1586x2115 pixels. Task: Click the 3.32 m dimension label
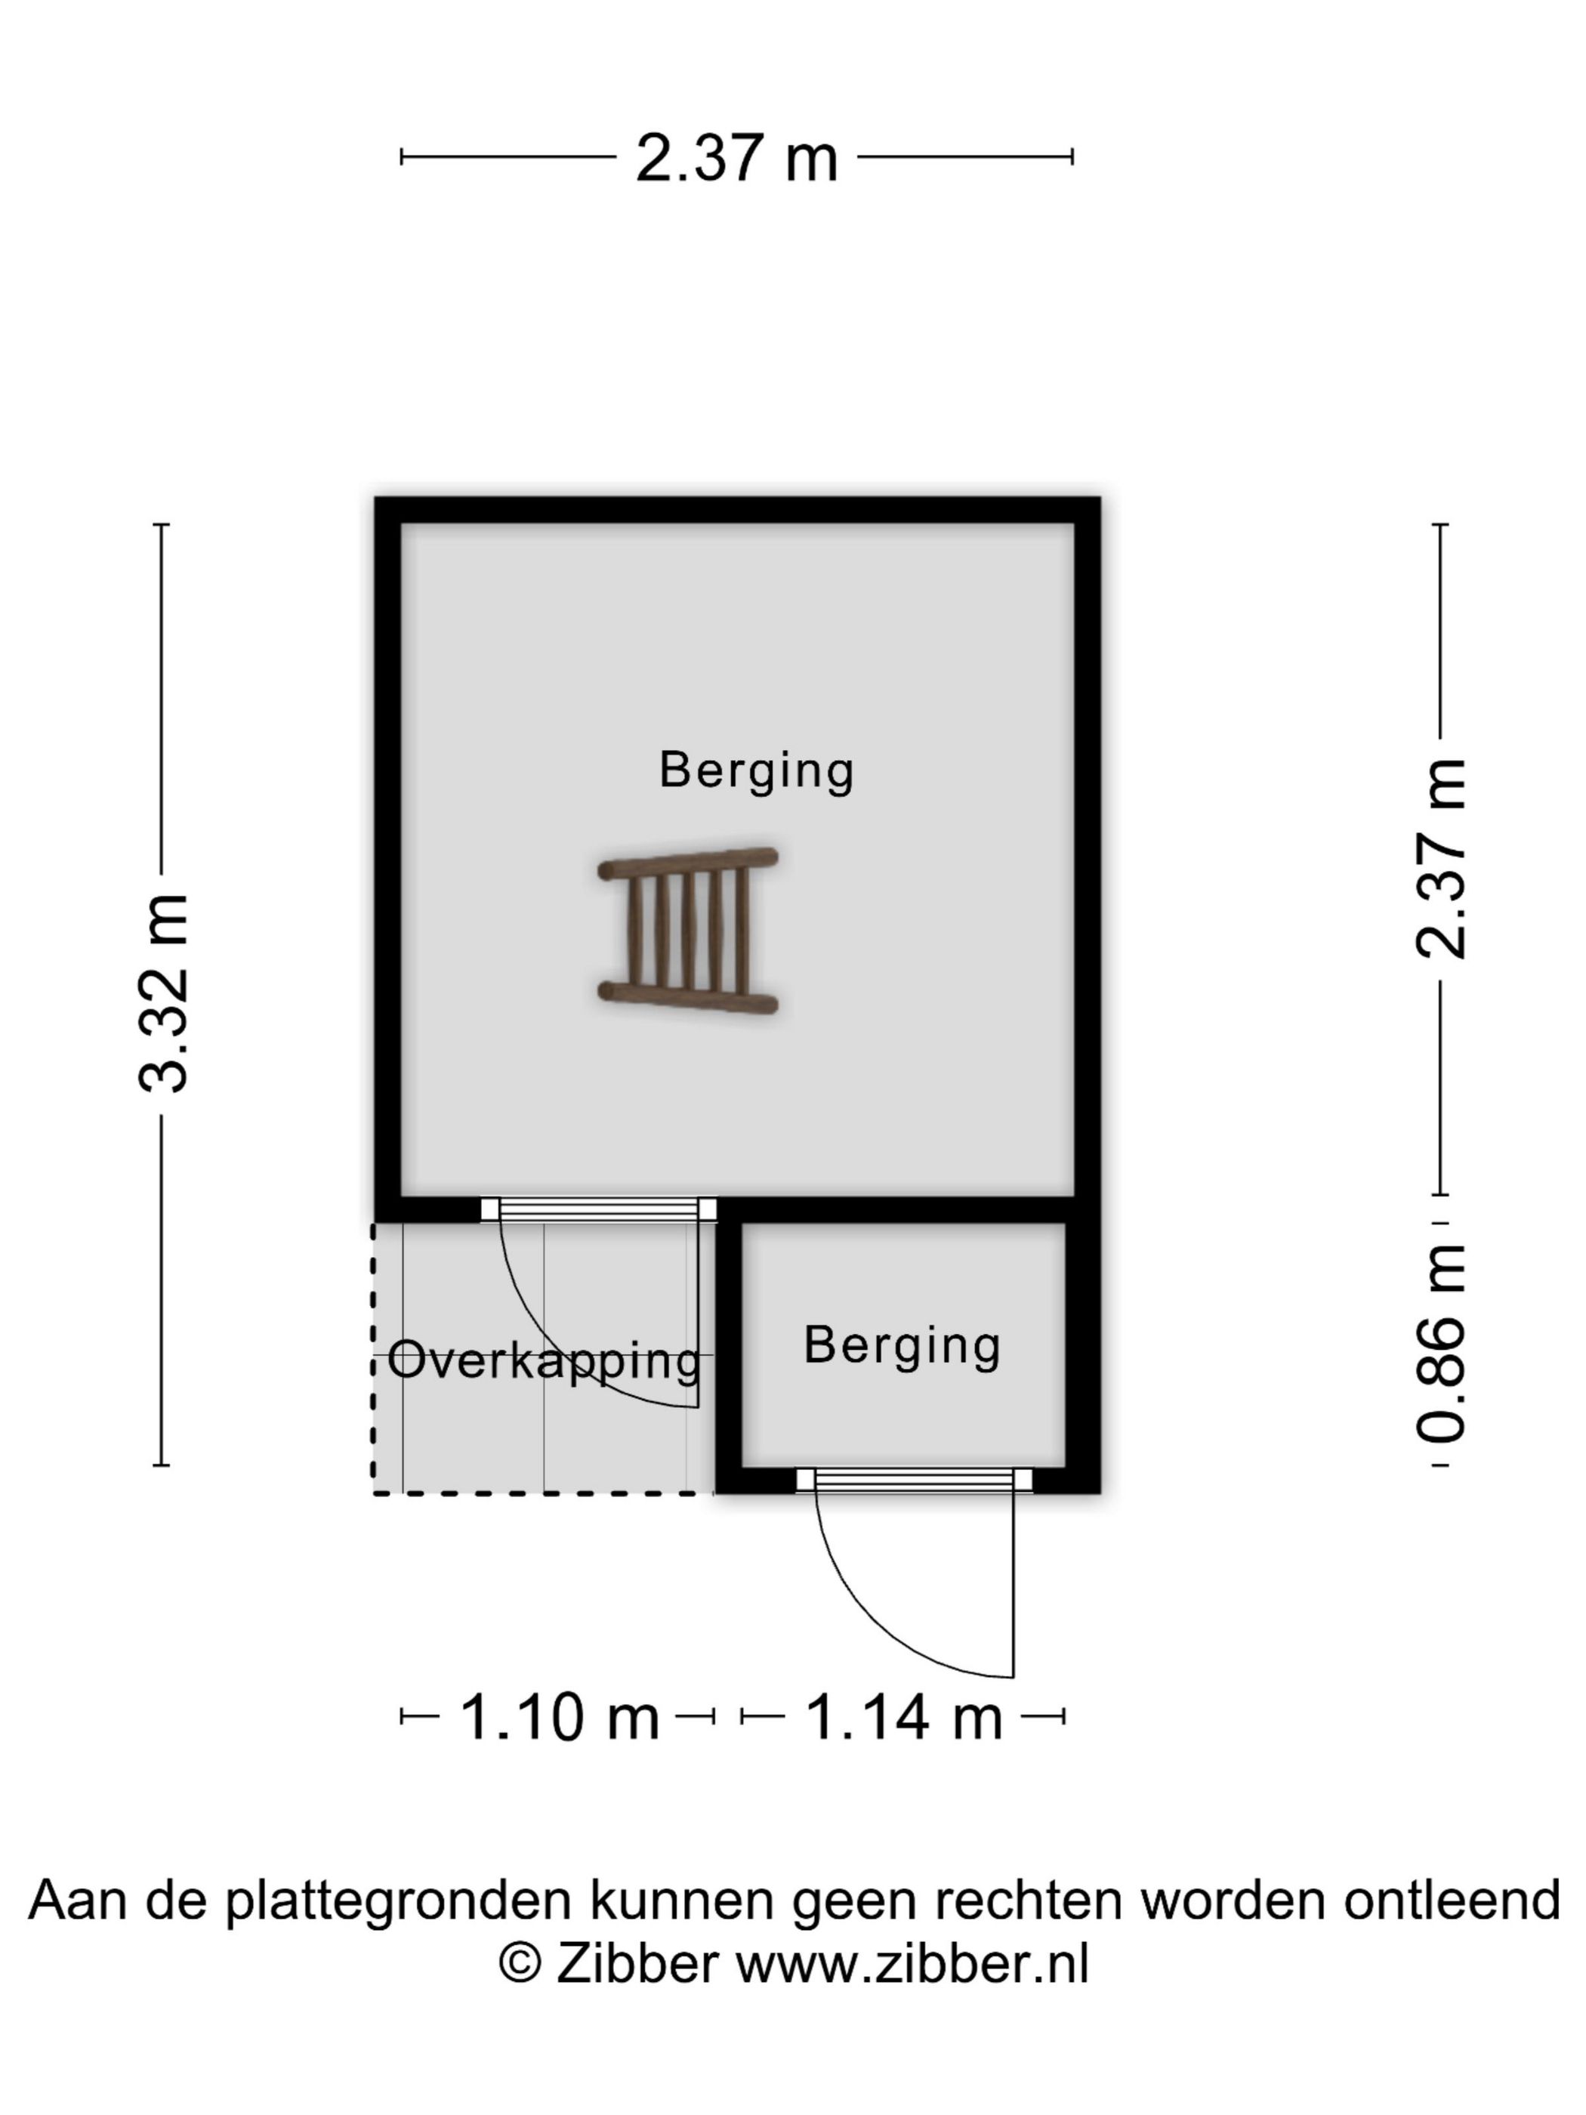click(x=165, y=993)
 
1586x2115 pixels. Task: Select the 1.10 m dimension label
click(x=560, y=1716)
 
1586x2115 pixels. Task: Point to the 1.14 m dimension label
click(x=903, y=1716)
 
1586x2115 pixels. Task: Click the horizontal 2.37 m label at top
click(x=736, y=158)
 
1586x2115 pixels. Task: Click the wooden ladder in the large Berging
click(x=687, y=931)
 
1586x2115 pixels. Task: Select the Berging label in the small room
click(x=902, y=1348)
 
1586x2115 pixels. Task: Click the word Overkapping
click(x=544, y=1362)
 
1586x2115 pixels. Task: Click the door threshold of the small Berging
click(x=914, y=1480)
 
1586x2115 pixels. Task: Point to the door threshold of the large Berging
click(x=598, y=1209)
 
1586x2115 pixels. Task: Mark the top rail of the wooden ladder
click(x=687, y=863)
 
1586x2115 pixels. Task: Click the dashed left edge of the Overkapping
click(x=373, y=1357)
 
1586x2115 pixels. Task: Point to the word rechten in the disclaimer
click(x=1031, y=1900)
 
